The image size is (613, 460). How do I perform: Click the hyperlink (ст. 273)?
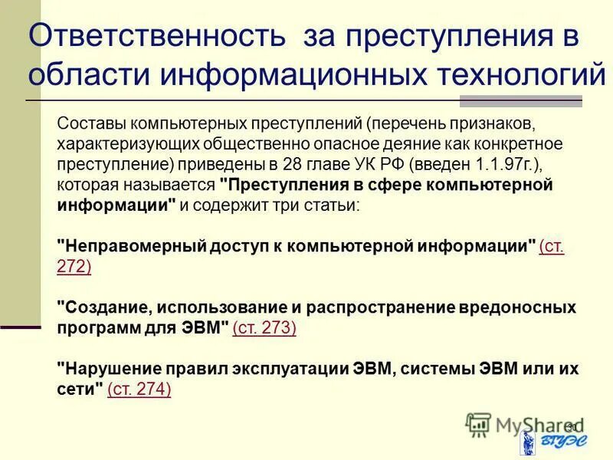click(264, 327)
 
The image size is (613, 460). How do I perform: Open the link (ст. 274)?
click(139, 389)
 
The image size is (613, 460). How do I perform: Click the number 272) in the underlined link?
click(74, 266)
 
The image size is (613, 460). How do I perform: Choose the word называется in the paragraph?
click(178, 185)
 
